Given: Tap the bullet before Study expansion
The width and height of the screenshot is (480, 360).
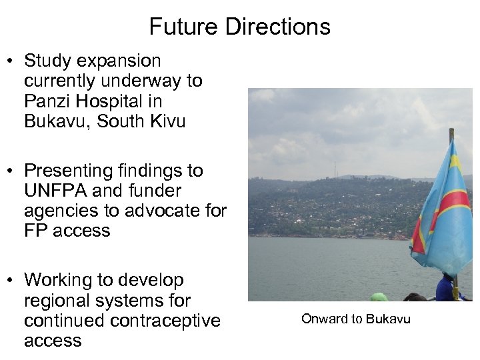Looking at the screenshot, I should (x=12, y=61).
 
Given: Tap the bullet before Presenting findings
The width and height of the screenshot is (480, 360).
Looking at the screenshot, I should (x=12, y=171).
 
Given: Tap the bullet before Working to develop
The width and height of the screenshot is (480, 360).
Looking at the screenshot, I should (x=12, y=281).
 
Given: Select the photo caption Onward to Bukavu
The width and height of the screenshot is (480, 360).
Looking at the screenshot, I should (x=356, y=319).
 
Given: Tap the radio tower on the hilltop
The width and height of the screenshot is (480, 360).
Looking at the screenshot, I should (x=335, y=169).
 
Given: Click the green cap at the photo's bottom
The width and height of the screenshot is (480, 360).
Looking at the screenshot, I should (x=379, y=297).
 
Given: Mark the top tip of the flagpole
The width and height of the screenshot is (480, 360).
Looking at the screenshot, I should (x=451, y=131).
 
